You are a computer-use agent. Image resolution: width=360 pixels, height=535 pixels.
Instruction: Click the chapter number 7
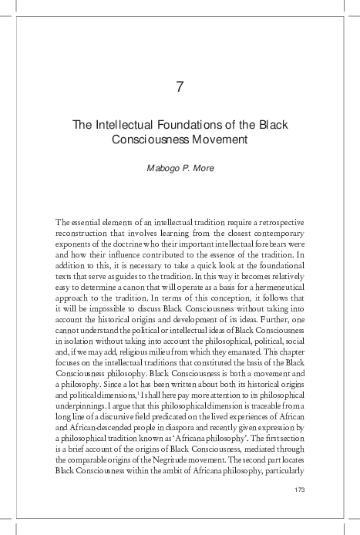(180, 86)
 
